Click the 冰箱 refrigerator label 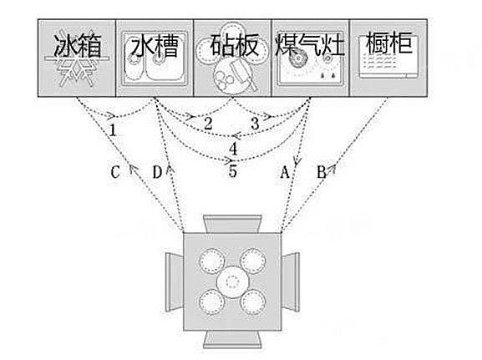77,46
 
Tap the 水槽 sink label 155,46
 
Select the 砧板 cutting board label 235,45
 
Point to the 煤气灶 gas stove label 310,45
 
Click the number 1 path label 113,130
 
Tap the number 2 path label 208,124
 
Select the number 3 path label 255,124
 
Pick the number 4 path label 233,149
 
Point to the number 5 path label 233,171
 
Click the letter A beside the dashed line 285,172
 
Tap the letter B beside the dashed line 322,172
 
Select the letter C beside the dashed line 115,172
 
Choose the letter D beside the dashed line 157,172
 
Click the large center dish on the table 232,281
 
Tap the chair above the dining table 233,224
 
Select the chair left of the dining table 175,282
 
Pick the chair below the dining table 233,340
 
